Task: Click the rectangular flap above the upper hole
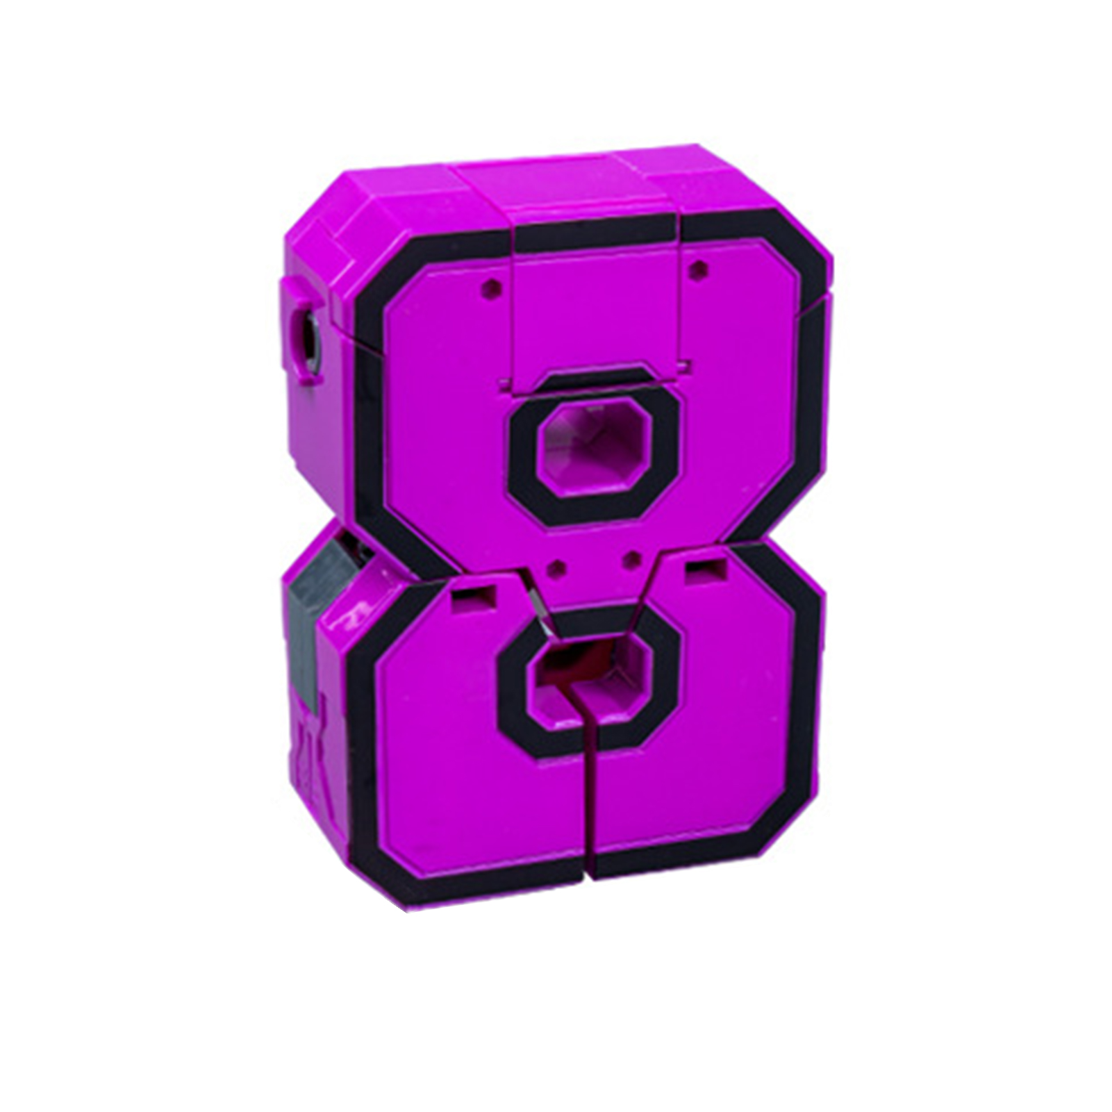(595, 313)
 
